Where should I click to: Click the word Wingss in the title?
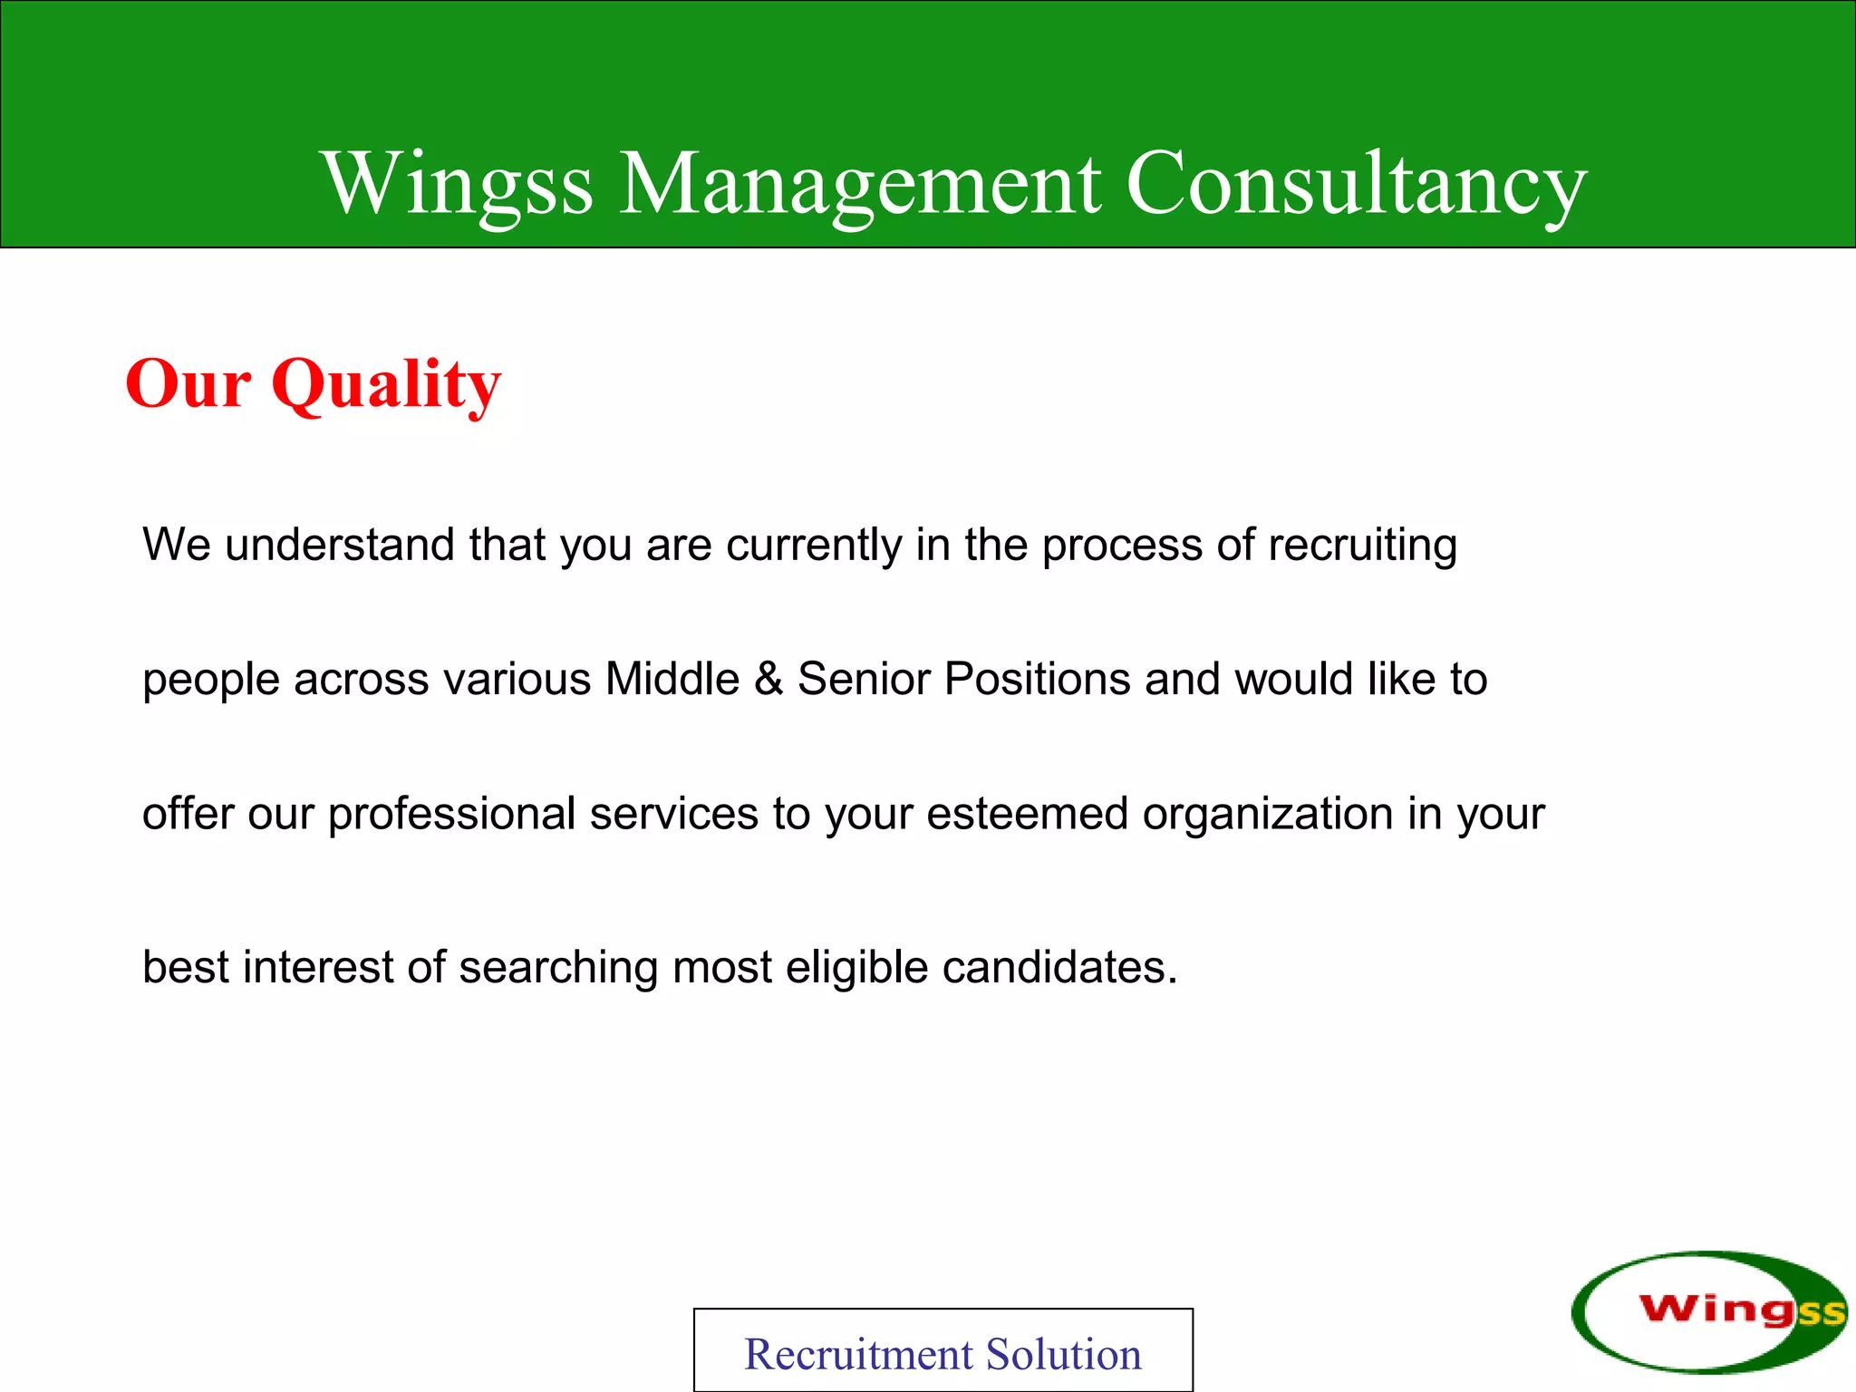(x=458, y=184)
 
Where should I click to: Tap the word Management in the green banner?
(x=859, y=184)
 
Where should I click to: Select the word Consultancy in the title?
(x=1356, y=184)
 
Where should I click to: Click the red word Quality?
(x=386, y=384)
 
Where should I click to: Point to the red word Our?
(x=188, y=384)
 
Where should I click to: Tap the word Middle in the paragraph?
(x=672, y=679)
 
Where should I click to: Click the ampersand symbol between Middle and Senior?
(x=768, y=679)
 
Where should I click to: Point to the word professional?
(x=451, y=814)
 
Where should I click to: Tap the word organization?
(x=1268, y=814)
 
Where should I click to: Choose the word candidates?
(x=1058, y=967)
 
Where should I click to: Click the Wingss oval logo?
(x=1708, y=1311)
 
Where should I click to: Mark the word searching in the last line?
(x=558, y=967)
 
